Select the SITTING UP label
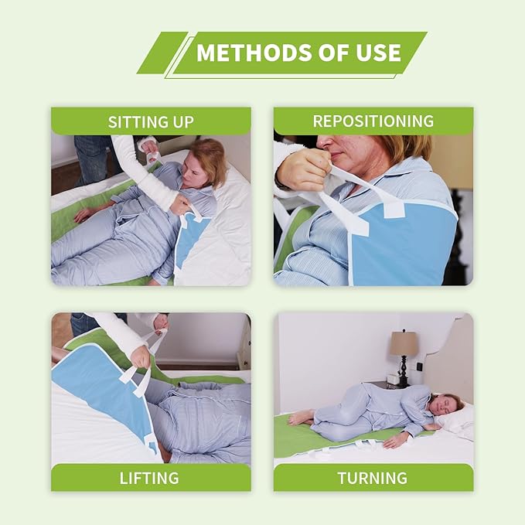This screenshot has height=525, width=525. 151,122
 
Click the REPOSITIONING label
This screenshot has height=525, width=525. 373,121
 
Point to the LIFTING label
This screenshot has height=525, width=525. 149,478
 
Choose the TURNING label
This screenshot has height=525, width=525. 373,478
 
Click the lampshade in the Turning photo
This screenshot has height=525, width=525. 403,343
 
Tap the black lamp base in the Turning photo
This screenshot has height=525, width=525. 404,371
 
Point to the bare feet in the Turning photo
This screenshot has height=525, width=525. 299,418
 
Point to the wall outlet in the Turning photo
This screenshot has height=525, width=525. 420,367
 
